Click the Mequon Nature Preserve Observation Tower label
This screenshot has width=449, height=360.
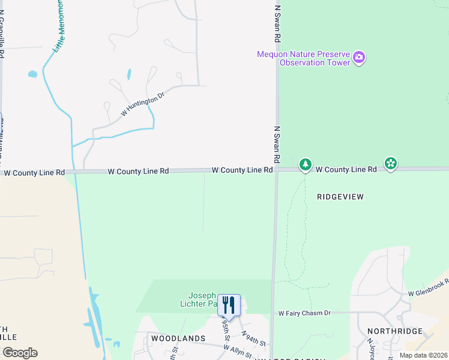tap(304, 58)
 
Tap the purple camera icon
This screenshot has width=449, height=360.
tap(359, 58)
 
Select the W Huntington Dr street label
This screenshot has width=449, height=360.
tap(142, 104)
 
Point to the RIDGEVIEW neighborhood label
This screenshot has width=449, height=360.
tap(341, 196)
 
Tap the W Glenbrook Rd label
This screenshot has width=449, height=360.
tap(429, 287)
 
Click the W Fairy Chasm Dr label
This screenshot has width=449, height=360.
tap(304, 313)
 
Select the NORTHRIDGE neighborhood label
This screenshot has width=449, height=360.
tap(395, 331)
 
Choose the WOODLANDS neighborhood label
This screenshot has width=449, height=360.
tap(178, 338)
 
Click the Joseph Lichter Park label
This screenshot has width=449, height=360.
tap(202, 299)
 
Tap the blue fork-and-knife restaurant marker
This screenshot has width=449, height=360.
tap(229, 305)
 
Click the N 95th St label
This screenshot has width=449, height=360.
tap(226, 329)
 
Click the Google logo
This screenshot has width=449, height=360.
tap(20, 353)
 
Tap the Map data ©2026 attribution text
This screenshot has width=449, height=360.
tap(423, 355)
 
